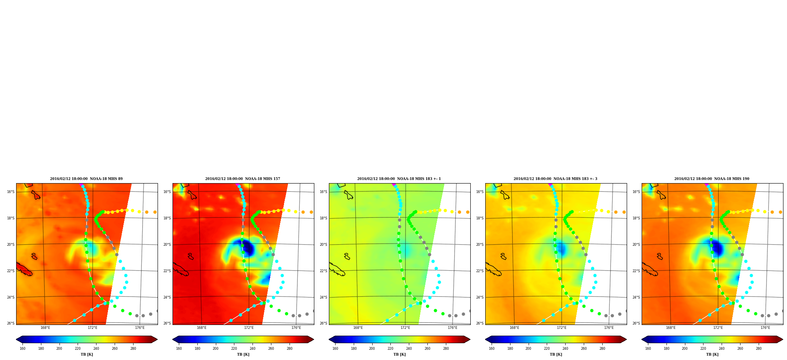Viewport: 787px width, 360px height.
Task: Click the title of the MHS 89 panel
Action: coord(86,179)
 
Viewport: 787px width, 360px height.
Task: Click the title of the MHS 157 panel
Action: coord(243,179)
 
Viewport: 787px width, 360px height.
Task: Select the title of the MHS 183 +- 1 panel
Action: coord(399,179)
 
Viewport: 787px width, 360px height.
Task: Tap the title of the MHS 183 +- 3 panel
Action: coord(555,179)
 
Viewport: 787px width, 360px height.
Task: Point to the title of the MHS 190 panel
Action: coord(712,179)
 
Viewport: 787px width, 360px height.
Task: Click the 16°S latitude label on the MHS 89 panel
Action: coord(11,192)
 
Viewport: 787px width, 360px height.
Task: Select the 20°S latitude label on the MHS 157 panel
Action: coord(167,245)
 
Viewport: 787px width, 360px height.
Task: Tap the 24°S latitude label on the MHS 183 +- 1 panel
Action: coord(323,297)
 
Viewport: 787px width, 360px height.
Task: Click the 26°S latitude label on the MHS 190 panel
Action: coord(636,323)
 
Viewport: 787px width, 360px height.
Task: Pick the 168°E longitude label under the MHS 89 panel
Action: coord(45,328)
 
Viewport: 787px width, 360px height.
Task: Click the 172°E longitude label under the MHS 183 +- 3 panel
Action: coord(562,328)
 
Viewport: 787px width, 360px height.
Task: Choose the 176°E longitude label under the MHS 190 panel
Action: coord(765,328)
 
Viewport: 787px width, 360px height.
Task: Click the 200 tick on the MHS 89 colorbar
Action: coord(59,348)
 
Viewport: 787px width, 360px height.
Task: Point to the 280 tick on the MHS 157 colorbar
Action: coord(290,348)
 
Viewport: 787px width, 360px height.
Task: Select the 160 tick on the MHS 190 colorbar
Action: coord(648,348)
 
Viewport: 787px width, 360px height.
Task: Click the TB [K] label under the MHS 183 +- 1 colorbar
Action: coord(399,354)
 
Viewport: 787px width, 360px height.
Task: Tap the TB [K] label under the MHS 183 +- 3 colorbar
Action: coord(556,354)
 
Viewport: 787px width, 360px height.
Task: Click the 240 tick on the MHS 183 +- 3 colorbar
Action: coord(565,348)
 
